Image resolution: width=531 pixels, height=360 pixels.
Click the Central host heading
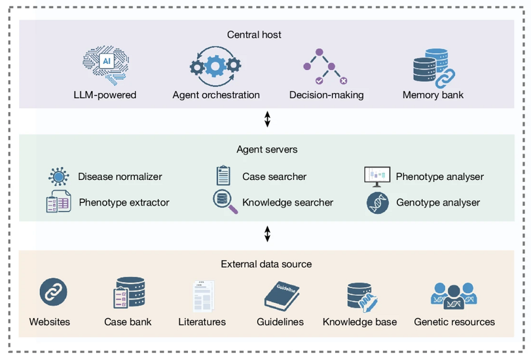(x=254, y=35)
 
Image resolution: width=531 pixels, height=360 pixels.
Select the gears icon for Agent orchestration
(x=216, y=66)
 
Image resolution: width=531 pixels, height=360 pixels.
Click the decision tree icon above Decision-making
(x=325, y=66)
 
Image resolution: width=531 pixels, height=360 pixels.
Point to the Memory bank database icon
(x=433, y=67)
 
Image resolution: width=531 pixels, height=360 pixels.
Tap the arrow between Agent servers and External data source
(x=267, y=234)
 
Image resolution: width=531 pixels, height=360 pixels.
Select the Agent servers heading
(x=267, y=149)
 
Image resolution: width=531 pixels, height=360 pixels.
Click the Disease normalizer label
(x=120, y=177)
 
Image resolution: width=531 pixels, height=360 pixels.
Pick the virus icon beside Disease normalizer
(x=58, y=176)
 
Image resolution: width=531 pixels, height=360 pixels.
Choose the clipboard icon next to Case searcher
(x=223, y=176)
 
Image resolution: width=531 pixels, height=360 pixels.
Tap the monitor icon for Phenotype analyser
(x=377, y=176)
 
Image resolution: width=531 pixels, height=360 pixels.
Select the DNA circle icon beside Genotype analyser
(x=378, y=202)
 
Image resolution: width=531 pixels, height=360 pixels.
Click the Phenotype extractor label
(x=124, y=202)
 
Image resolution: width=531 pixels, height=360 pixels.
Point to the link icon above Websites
(x=53, y=293)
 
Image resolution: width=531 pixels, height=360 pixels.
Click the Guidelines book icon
(x=281, y=295)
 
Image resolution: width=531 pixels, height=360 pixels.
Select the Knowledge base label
(x=359, y=322)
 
